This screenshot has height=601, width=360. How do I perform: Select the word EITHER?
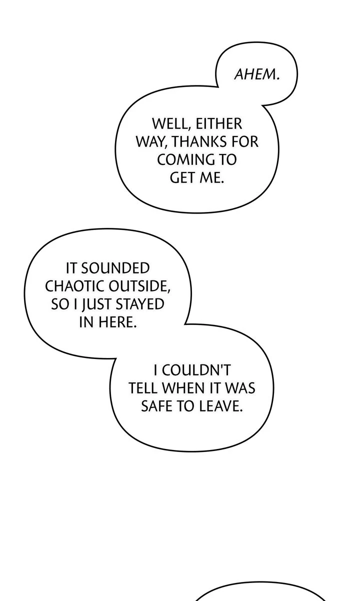pyautogui.click(x=219, y=123)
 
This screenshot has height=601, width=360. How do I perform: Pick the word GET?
pyautogui.click(x=182, y=177)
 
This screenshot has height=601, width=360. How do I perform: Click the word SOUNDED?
pyautogui.click(x=115, y=268)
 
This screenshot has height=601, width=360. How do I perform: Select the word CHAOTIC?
pyautogui.click(x=74, y=286)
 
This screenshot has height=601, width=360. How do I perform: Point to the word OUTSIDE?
pyautogui.click(x=139, y=286)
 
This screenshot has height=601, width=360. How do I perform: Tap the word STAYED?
pyautogui.click(x=140, y=304)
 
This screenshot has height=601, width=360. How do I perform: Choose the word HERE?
pyautogui.click(x=118, y=322)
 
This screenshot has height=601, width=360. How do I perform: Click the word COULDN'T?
pyautogui.click(x=196, y=370)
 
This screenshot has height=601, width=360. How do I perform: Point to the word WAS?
pyautogui.click(x=240, y=388)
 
